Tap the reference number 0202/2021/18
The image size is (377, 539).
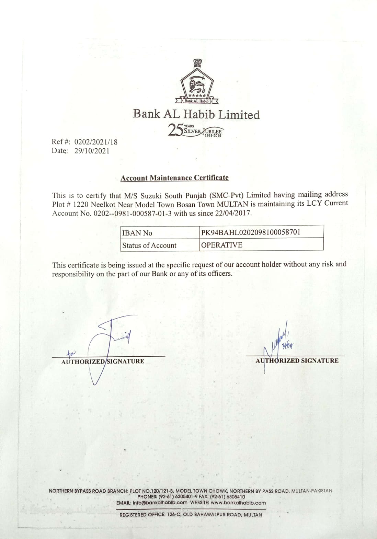[x=96, y=142]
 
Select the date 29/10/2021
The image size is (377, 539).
[x=92, y=151]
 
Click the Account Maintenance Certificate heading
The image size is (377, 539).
[x=174, y=178]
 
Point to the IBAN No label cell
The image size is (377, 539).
[x=137, y=233]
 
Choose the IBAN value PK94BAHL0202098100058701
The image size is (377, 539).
[x=251, y=232]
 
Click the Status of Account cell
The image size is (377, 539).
[x=149, y=245]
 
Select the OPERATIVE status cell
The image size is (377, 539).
[x=222, y=245]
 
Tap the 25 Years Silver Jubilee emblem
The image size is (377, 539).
[x=195, y=130]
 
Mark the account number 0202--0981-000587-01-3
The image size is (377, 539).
[x=133, y=213]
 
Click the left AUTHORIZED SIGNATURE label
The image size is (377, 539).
[x=103, y=362]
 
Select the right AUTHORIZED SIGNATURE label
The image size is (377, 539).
[x=297, y=361]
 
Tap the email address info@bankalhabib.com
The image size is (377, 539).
[x=160, y=503]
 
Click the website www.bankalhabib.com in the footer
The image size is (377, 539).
[x=238, y=503]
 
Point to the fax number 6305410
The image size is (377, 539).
[x=236, y=497]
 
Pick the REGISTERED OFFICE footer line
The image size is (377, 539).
[x=191, y=515]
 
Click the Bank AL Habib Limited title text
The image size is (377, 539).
[x=196, y=114]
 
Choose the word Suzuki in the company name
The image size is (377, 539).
[x=151, y=196]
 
